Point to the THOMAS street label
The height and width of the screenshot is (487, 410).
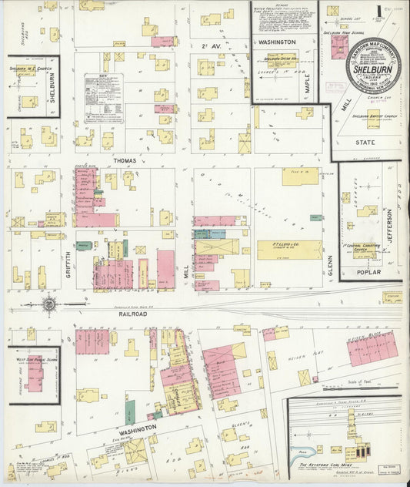(x=123, y=160)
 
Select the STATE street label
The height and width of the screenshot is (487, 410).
(x=368, y=143)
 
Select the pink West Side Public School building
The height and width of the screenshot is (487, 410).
(x=34, y=374)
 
